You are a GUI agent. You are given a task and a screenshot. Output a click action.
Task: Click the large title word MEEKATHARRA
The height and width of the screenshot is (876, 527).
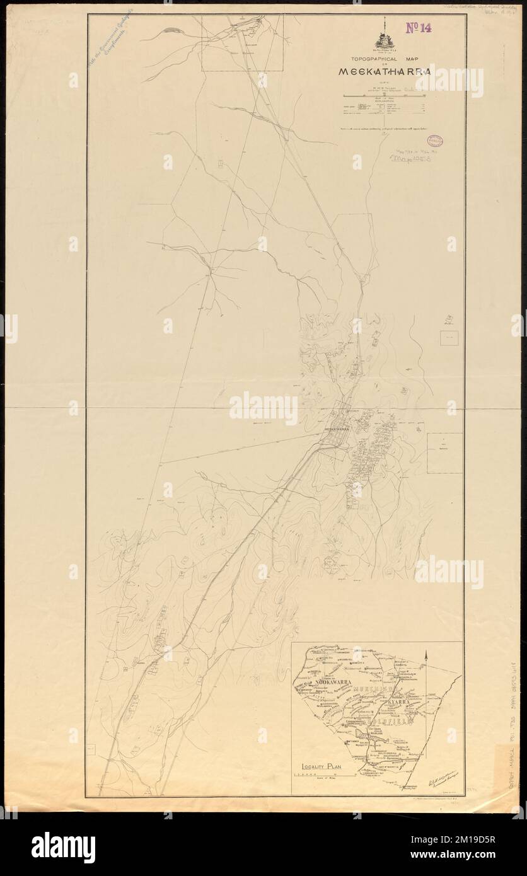(x=385, y=71)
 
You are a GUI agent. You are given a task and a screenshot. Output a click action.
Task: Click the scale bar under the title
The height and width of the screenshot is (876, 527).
(x=384, y=95)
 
